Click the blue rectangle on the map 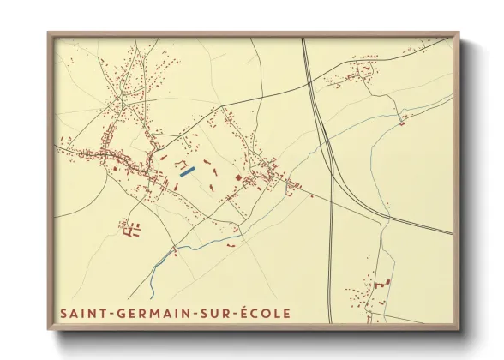pos(188,171)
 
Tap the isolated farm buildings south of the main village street pos(130,228)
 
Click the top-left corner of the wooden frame pos(50,34)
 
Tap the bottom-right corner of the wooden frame pos(458,328)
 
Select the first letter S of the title pos(64,314)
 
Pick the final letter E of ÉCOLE pos(285,314)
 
